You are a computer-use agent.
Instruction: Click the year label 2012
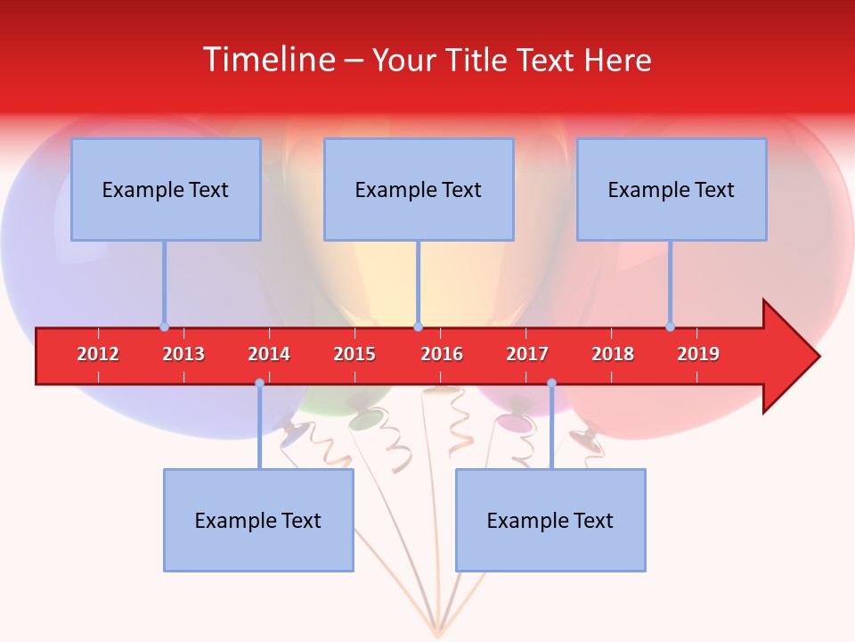(98, 354)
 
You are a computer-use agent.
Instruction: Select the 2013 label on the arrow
(183, 354)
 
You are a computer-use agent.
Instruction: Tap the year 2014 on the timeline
(269, 354)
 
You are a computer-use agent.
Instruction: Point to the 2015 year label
(354, 354)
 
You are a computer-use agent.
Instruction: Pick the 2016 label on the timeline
(442, 354)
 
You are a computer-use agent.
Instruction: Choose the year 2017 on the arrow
(527, 354)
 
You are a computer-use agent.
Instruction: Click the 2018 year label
(613, 354)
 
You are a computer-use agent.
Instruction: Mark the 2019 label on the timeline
(698, 354)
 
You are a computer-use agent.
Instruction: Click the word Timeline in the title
(268, 60)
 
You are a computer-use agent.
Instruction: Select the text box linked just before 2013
(166, 189)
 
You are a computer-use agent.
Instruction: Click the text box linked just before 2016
(419, 189)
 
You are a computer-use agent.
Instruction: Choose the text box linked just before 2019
(672, 189)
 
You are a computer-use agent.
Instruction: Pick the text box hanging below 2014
(258, 520)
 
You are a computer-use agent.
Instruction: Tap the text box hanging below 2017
(550, 520)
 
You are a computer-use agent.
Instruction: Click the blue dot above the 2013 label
(164, 326)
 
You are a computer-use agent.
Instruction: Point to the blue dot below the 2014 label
(259, 383)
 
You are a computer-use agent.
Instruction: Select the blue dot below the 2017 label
(551, 383)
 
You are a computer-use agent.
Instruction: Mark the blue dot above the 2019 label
(670, 326)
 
